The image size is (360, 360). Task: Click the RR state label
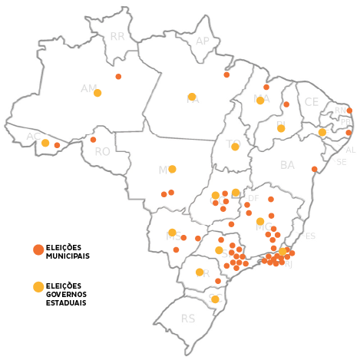pyautogui.click(x=117, y=36)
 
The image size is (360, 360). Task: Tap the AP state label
pyautogui.click(x=203, y=41)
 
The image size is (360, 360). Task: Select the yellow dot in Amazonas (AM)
pyautogui.click(x=97, y=93)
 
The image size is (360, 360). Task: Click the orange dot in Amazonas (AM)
pyautogui.click(x=118, y=77)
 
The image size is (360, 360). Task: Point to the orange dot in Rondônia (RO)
pyautogui.click(x=93, y=140)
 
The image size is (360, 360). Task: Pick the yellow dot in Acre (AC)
pyautogui.click(x=45, y=143)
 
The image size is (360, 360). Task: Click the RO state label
pyautogui.click(x=103, y=152)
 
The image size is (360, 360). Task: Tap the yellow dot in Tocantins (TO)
pyautogui.click(x=235, y=147)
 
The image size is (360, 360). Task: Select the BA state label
pyautogui.click(x=288, y=165)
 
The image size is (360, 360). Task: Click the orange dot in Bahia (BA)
pyautogui.click(x=315, y=169)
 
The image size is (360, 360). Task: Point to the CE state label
pyautogui.click(x=311, y=102)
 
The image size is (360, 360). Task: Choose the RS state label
pyautogui.click(x=188, y=319)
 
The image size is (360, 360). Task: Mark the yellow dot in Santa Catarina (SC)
pyautogui.click(x=215, y=299)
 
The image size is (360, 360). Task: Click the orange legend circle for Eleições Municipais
pyautogui.click(x=38, y=249)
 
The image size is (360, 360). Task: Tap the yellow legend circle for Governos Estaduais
pyautogui.click(x=38, y=287)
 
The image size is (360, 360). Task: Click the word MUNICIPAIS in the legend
pyautogui.click(x=68, y=255)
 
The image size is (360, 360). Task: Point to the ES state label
pyautogui.click(x=310, y=236)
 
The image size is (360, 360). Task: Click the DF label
pyautogui.click(x=253, y=198)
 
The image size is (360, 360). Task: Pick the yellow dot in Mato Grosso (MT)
pyautogui.click(x=172, y=169)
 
